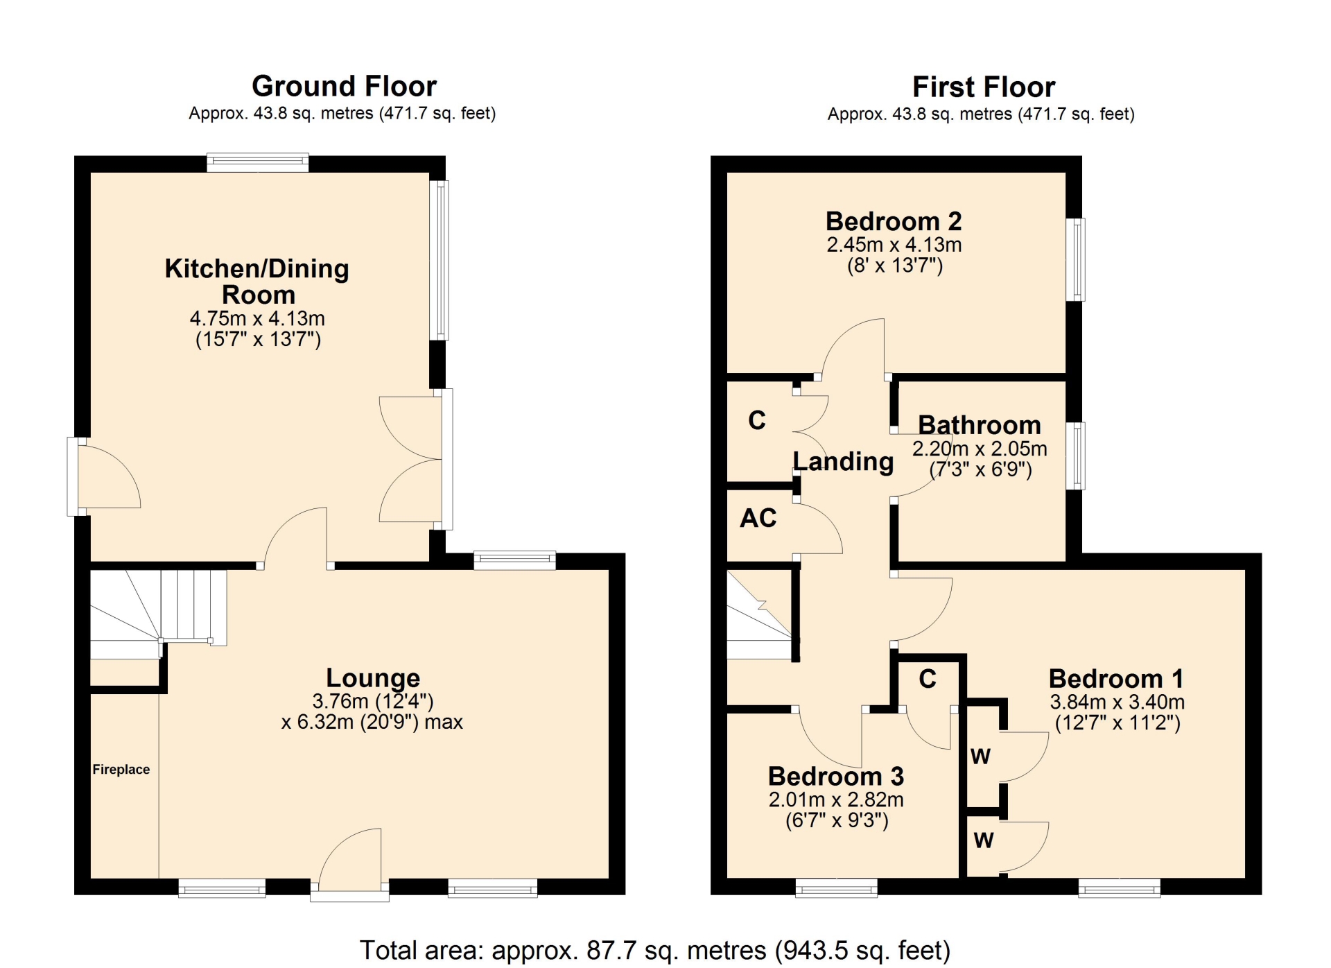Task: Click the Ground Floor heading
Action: pyautogui.click(x=344, y=87)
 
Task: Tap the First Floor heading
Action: pyautogui.click(x=984, y=87)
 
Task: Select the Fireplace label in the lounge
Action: pyautogui.click(x=121, y=769)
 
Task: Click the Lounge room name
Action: pyautogui.click(x=373, y=677)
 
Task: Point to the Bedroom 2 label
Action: pyautogui.click(x=894, y=221)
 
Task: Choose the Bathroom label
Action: pyautogui.click(x=980, y=424)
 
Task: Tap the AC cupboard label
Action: pyautogui.click(x=758, y=518)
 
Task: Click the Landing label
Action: pyautogui.click(x=843, y=461)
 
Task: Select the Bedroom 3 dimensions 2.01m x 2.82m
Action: pyautogui.click(x=836, y=800)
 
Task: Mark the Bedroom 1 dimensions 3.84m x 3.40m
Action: pyautogui.click(x=1117, y=702)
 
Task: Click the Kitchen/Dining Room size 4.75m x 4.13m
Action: pyautogui.click(x=257, y=318)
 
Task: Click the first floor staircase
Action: pyautogui.click(x=759, y=614)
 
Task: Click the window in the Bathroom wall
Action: pyautogui.click(x=1075, y=456)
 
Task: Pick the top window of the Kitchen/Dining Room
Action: pyautogui.click(x=258, y=163)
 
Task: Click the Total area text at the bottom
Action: pyautogui.click(x=655, y=950)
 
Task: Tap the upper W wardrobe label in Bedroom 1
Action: pyautogui.click(x=980, y=757)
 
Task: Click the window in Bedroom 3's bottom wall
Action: pyautogui.click(x=836, y=888)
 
